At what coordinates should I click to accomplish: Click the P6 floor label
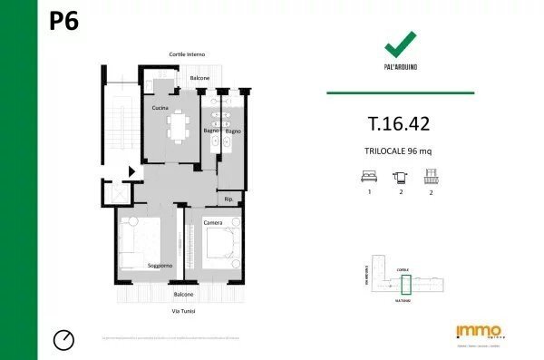pyautogui.click(x=63, y=22)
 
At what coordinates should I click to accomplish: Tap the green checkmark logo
pyautogui.click(x=400, y=43)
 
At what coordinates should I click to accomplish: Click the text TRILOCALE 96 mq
pyautogui.click(x=400, y=151)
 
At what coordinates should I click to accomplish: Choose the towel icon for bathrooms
pyautogui.click(x=400, y=178)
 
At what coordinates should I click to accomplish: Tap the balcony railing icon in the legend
pyautogui.click(x=431, y=177)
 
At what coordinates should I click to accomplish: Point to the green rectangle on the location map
pyautogui.click(x=406, y=285)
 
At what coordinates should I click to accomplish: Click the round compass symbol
pyautogui.click(x=64, y=339)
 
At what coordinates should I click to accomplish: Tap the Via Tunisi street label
pyautogui.click(x=184, y=311)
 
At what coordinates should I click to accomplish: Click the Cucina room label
pyautogui.click(x=160, y=108)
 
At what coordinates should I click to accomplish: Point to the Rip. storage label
pyautogui.click(x=228, y=198)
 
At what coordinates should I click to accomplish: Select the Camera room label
pyautogui.click(x=213, y=222)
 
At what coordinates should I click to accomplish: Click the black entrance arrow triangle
pyautogui.click(x=132, y=170)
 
